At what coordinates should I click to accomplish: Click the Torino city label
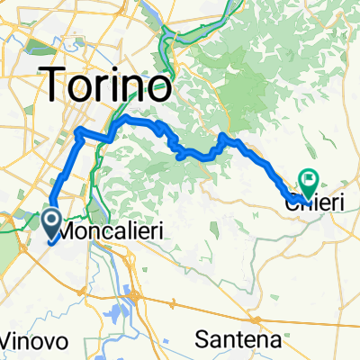107,87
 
